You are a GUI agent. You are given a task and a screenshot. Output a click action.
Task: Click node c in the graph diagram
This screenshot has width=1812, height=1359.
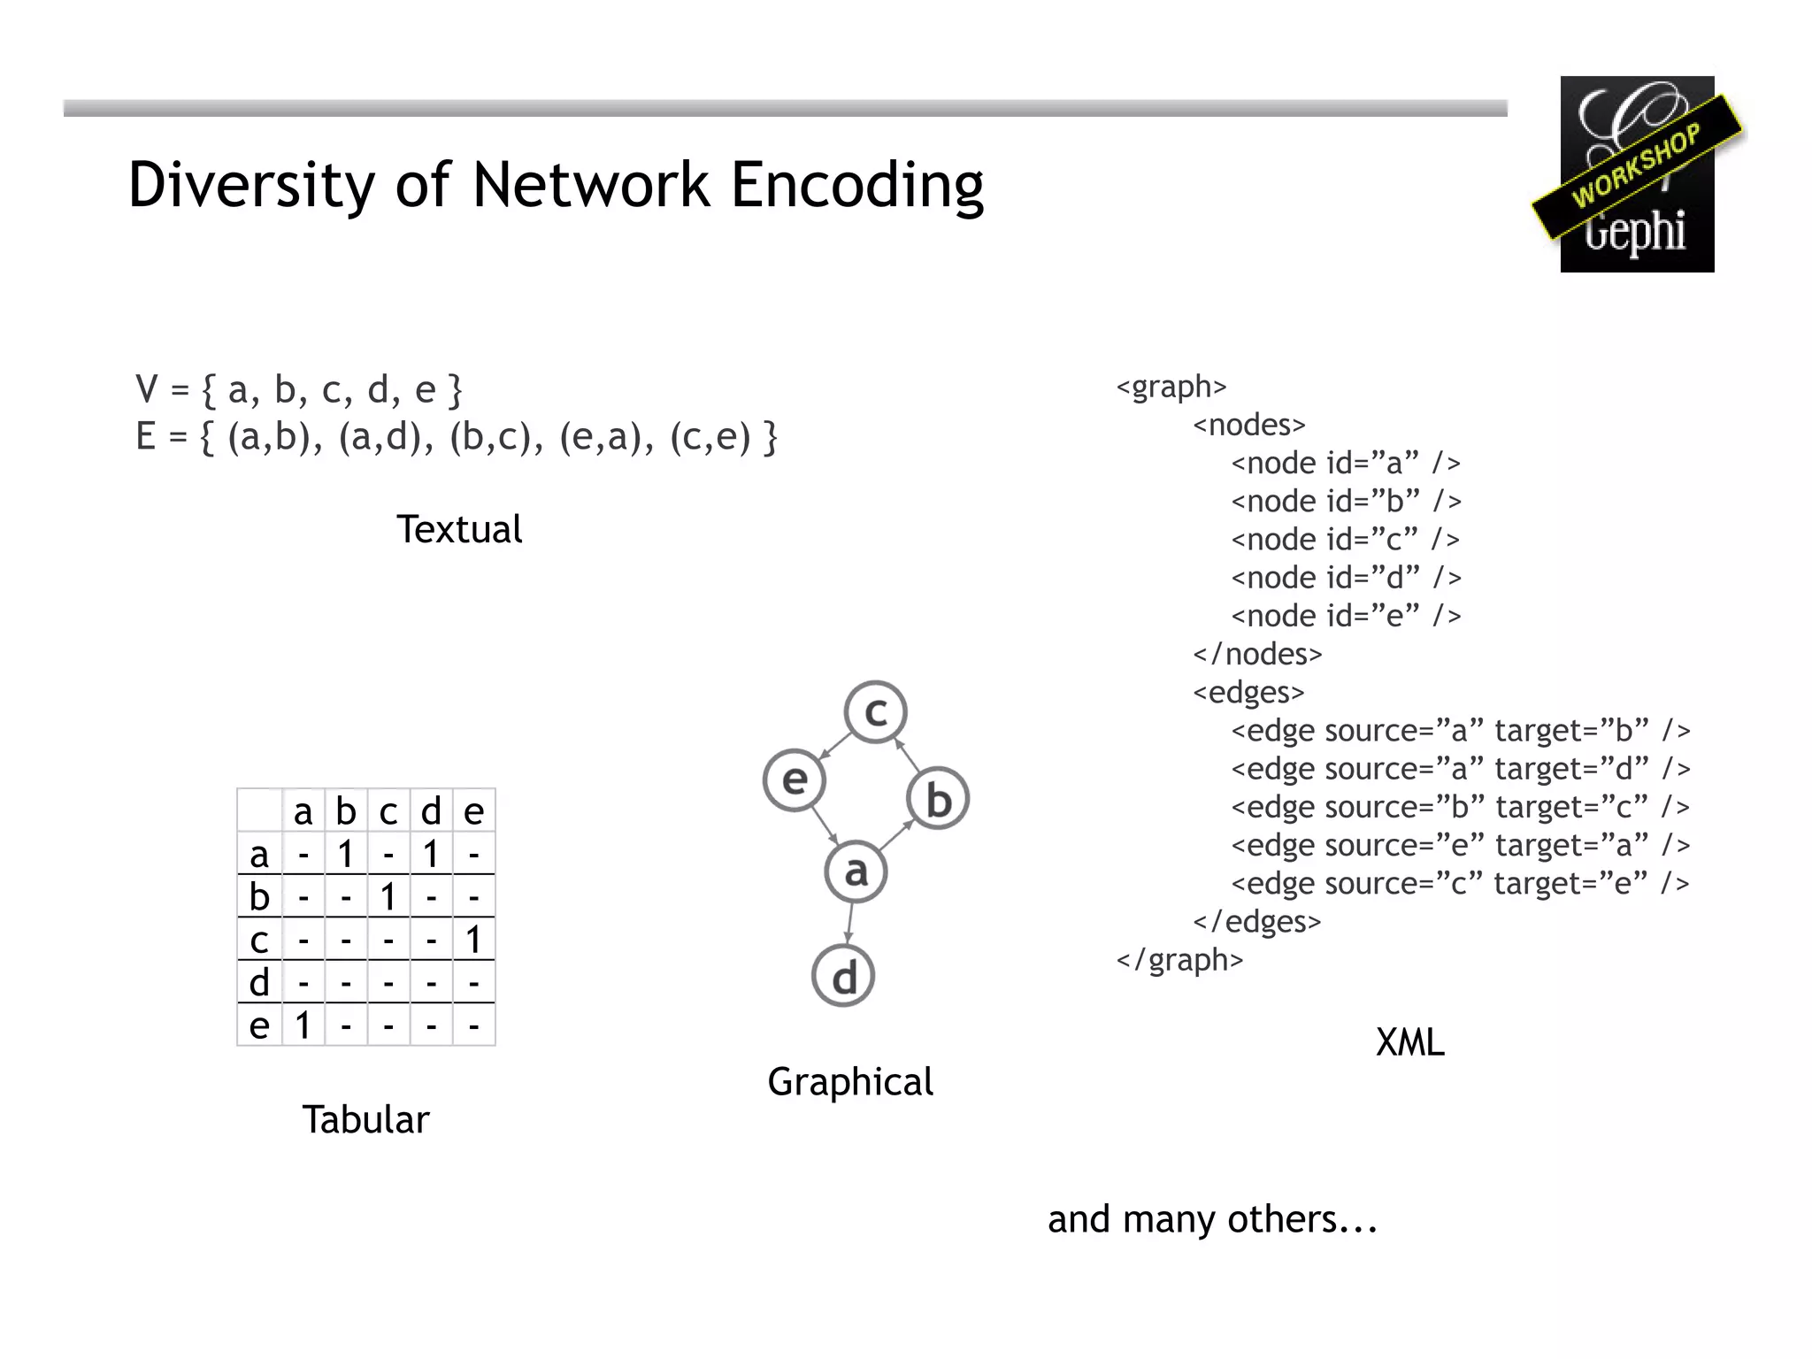tap(875, 711)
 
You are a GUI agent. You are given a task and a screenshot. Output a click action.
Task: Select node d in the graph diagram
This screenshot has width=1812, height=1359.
tap(843, 977)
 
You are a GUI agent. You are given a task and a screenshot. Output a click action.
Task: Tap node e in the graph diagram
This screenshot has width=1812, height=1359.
tap(795, 779)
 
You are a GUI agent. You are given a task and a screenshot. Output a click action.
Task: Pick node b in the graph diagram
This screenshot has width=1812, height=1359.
tap(938, 799)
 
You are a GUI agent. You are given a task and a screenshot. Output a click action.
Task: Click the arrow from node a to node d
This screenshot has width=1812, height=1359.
tap(849, 924)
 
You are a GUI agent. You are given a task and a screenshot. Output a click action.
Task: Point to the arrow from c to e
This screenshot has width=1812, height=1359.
tap(835, 745)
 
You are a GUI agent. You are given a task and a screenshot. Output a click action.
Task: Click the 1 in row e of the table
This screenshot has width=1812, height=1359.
tap(303, 1025)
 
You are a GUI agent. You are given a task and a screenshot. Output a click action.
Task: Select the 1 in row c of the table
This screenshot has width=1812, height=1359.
tap(473, 940)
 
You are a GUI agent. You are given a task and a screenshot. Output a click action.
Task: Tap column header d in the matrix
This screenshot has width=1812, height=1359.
tap(431, 811)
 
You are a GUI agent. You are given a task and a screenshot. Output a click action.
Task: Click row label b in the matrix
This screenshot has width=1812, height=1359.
tap(259, 897)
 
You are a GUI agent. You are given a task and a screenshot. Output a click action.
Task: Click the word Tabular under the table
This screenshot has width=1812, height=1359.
tap(365, 1120)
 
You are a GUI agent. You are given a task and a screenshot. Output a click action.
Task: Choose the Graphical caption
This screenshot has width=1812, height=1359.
tap(849, 1082)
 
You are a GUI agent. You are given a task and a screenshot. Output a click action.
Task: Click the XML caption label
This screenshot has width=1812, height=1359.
tap(1409, 1042)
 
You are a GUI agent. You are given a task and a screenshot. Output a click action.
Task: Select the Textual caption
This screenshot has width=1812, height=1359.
tap(458, 530)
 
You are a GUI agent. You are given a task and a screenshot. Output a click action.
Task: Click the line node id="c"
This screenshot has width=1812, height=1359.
tap(1345, 539)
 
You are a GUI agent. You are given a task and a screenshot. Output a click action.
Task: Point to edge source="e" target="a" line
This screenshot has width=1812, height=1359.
tap(1460, 845)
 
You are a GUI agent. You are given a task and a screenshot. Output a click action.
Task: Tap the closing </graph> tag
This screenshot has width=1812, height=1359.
tap(1179, 960)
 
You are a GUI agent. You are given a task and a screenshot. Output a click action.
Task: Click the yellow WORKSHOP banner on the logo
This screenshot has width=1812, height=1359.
tap(1637, 166)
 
